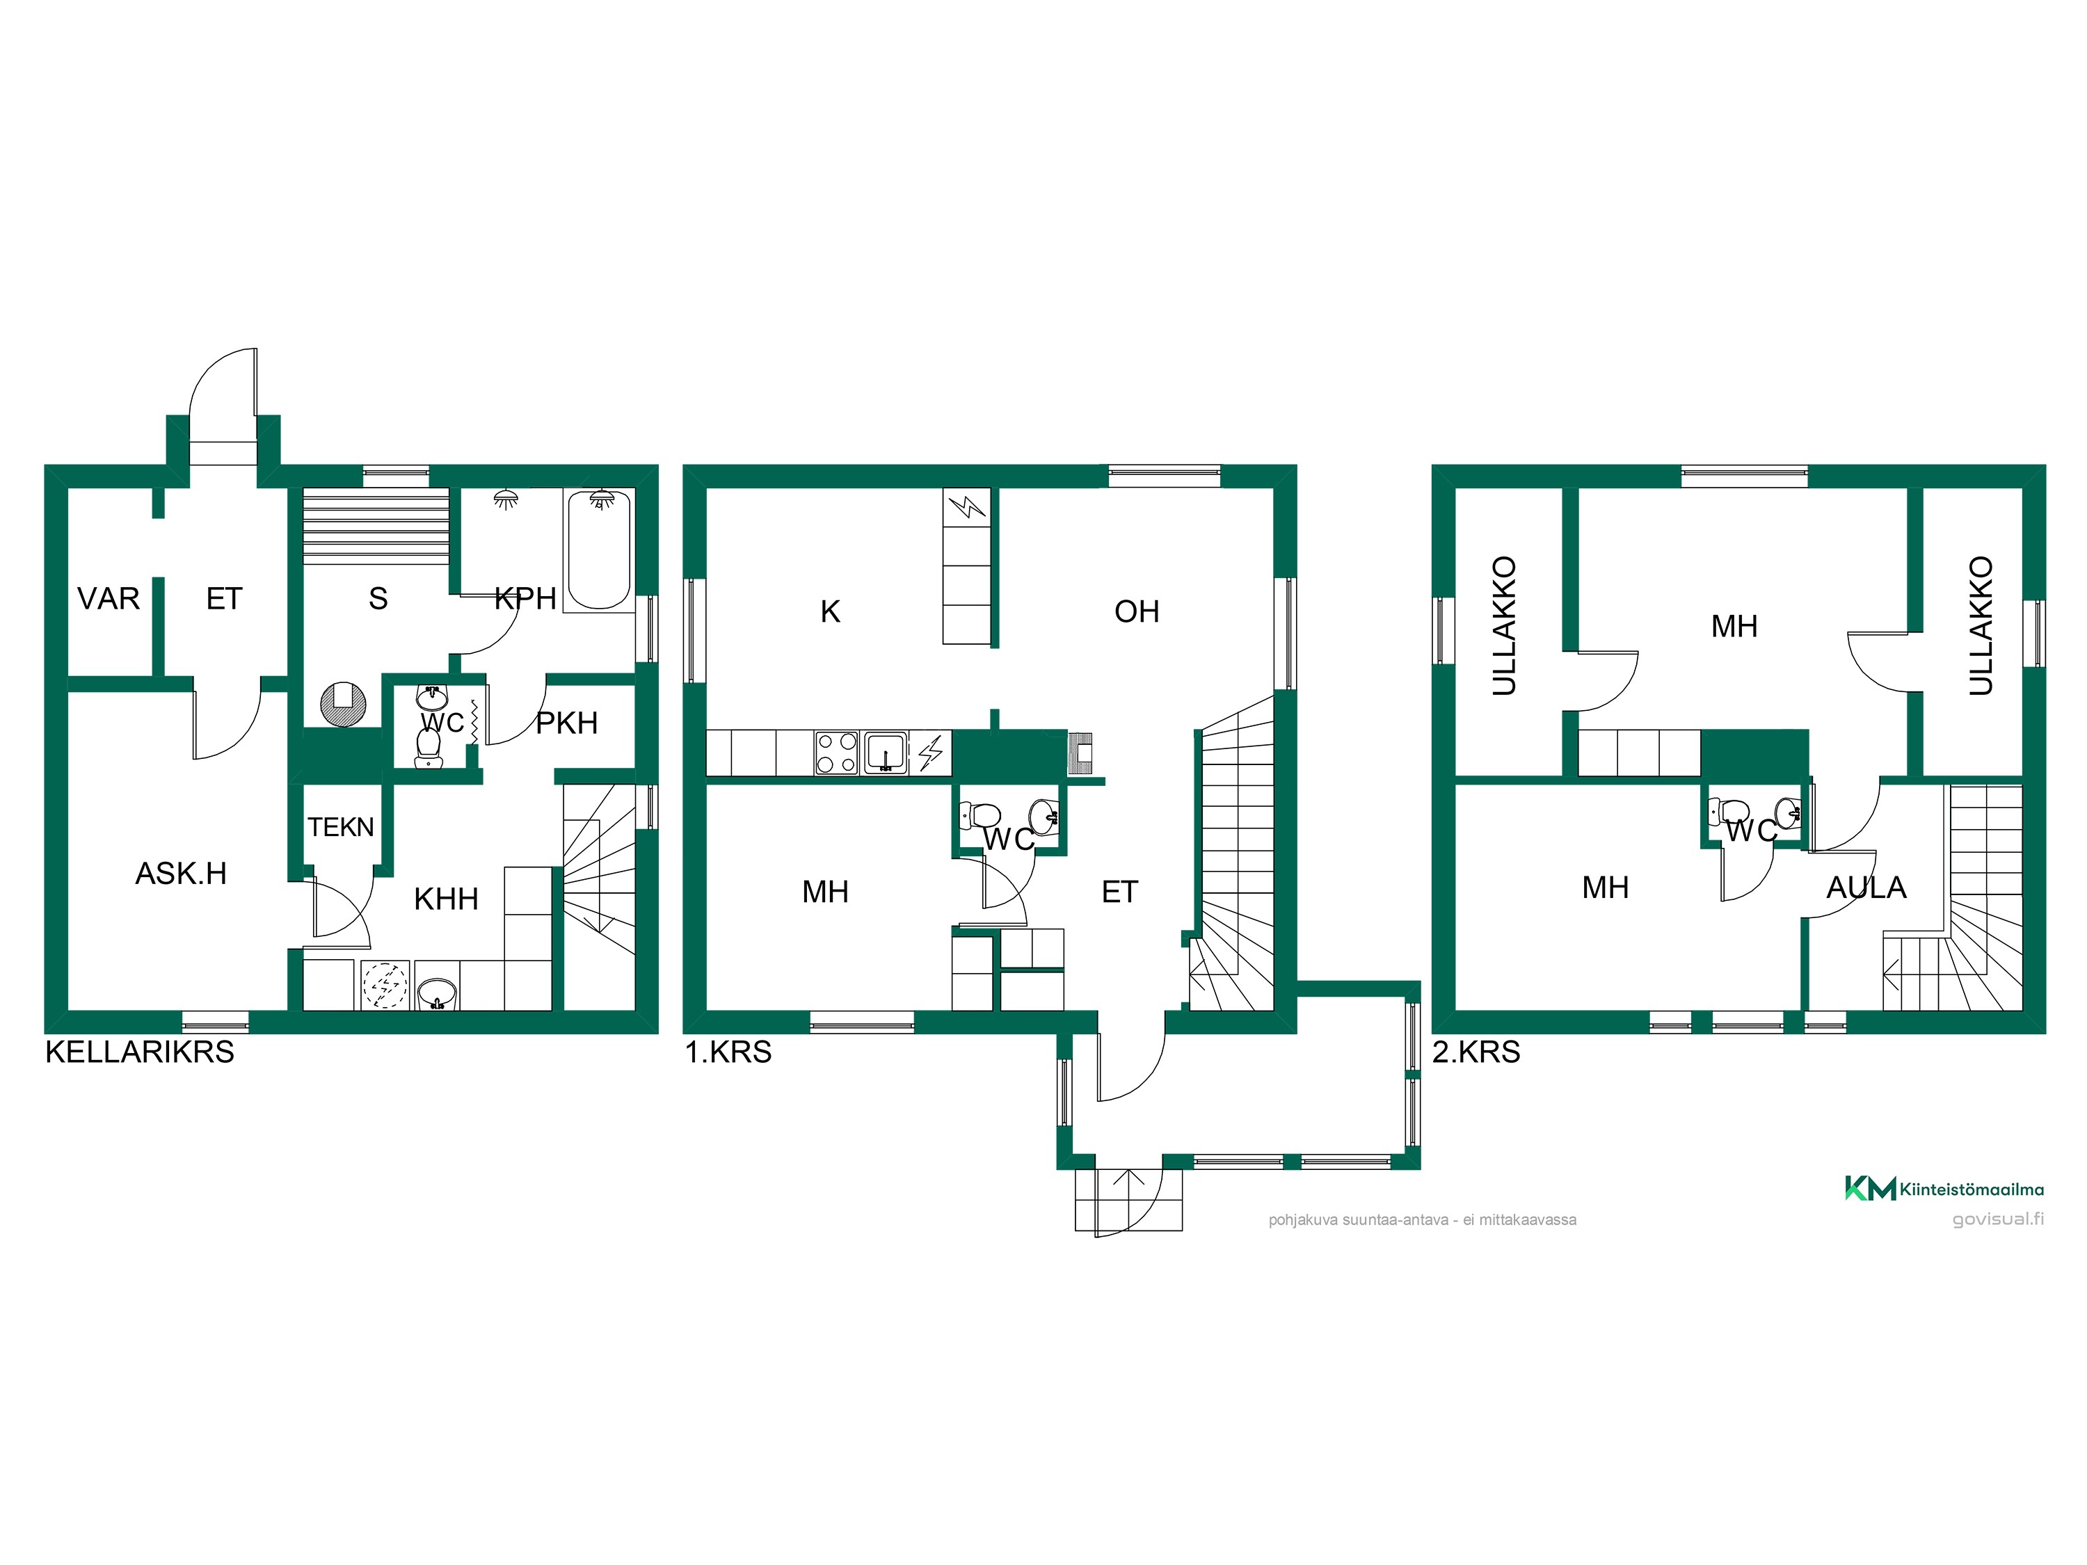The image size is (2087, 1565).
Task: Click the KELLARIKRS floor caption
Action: [x=140, y=1051]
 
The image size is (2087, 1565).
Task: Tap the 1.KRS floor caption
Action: [x=728, y=1051]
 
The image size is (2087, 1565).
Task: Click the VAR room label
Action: [x=109, y=598]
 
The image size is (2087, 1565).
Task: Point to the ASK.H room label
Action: [x=181, y=873]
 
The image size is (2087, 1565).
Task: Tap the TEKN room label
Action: [x=341, y=826]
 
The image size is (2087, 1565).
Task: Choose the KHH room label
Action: [x=447, y=898]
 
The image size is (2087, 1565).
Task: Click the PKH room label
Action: [x=567, y=723]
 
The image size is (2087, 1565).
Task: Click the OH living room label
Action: [x=1137, y=611]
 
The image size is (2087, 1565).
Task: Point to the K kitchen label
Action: [x=830, y=611]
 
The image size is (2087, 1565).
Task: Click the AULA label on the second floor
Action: [x=1866, y=887]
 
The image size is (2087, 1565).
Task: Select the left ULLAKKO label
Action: [x=1504, y=625]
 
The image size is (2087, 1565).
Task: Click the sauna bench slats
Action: [x=376, y=525]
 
